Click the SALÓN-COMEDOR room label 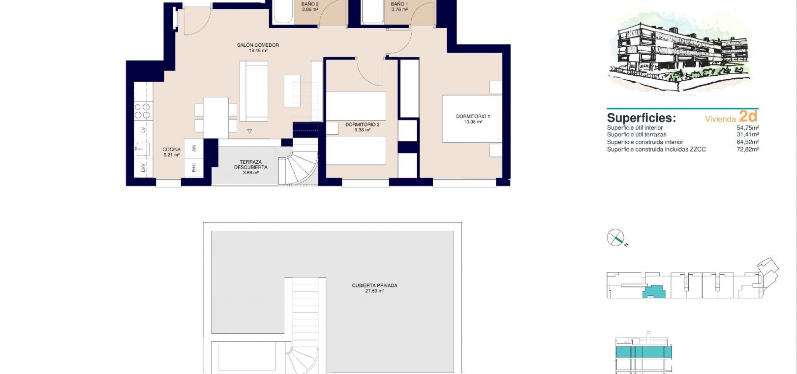click(x=258, y=45)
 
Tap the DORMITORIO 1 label click(x=473, y=116)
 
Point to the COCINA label click(x=172, y=150)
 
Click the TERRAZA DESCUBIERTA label click(x=251, y=164)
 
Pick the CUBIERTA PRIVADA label click(x=375, y=285)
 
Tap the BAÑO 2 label click(x=310, y=4)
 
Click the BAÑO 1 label click(x=399, y=4)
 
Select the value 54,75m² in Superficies click(x=748, y=128)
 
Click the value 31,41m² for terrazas click(x=748, y=134)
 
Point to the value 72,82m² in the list click(x=748, y=150)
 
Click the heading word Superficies click(x=641, y=118)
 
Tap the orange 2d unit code click(x=748, y=116)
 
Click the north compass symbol click(x=616, y=238)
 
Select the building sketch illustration click(x=679, y=53)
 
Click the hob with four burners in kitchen click(x=142, y=111)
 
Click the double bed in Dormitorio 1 click(x=472, y=119)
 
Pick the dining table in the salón click(x=215, y=118)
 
